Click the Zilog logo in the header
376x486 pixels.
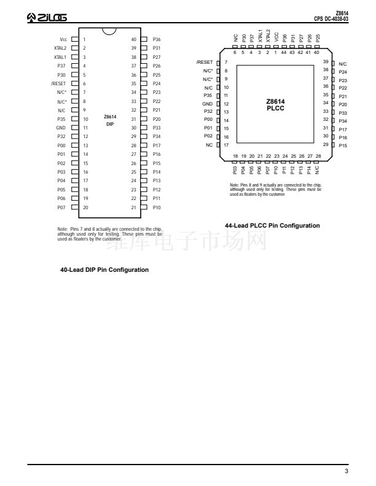[x=47, y=17]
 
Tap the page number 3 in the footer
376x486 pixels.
[x=347, y=471]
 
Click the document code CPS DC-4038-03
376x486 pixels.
[x=331, y=19]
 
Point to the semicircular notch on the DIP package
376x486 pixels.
[x=109, y=31]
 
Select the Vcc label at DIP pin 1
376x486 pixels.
[x=63, y=39]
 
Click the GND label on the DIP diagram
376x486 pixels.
[x=61, y=128]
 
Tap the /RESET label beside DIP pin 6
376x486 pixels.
[x=58, y=83]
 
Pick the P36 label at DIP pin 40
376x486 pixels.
[x=157, y=39]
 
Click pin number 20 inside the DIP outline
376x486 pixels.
[x=85, y=207]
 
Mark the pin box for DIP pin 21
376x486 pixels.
[x=144, y=207]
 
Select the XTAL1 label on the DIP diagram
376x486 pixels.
[x=60, y=57]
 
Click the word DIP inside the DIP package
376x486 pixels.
[x=110, y=124]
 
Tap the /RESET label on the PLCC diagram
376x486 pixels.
[x=205, y=62]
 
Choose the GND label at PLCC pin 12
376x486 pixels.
[x=207, y=104]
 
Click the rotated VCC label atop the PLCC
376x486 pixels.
[x=276, y=37]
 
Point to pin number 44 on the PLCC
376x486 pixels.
[x=284, y=52]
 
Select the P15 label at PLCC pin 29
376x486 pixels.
[x=343, y=145]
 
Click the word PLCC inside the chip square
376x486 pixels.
[x=275, y=108]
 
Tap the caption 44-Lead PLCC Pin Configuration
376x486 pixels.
[x=272, y=226]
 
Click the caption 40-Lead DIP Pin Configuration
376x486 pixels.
[x=104, y=269]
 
